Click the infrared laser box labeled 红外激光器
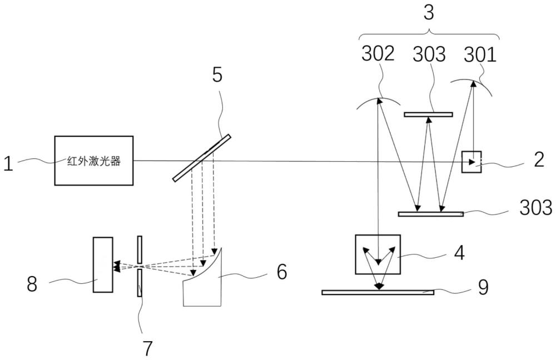coord(94,161)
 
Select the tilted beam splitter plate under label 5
coord(202,158)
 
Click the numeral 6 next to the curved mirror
coord(282,272)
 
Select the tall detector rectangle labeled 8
coord(103,264)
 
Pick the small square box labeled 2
coord(471,162)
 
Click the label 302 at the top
coord(378,54)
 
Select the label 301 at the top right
coord(480,54)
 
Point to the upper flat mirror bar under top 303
coord(428,115)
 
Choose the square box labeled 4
coord(378,254)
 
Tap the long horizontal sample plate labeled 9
coord(378,292)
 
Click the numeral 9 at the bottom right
coord(484,288)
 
